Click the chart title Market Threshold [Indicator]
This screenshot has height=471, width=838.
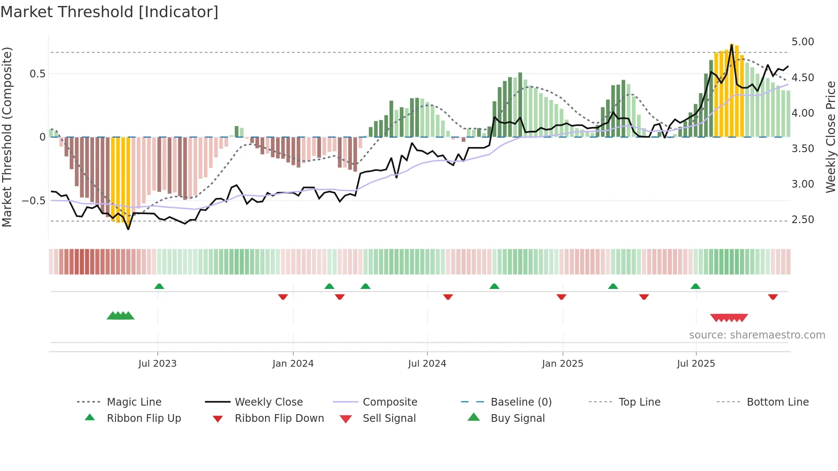(109, 12)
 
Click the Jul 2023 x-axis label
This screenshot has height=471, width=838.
(157, 364)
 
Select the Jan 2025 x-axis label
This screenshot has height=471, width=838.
(562, 364)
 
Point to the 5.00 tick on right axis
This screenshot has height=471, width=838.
(803, 42)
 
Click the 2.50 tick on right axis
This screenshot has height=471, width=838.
(803, 220)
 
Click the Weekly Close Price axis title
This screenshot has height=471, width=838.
(830, 137)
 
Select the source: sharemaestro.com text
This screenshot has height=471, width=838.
(757, 335)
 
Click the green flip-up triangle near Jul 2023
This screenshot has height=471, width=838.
(159, 286)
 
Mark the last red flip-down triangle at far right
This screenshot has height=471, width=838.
(773, 297)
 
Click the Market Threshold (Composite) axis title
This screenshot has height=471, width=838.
(7, 137)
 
